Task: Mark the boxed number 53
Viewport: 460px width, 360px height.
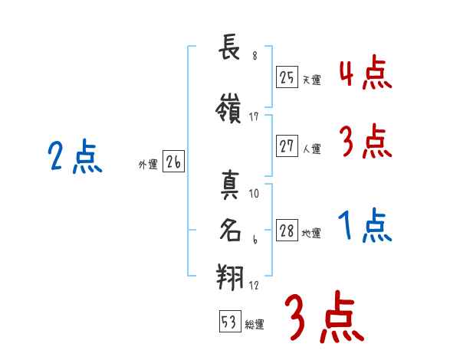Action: (229, 322)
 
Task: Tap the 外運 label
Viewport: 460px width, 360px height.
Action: (147, 163)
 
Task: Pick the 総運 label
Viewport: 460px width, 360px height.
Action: (255, 325)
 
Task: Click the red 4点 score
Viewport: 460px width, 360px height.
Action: (365, 74)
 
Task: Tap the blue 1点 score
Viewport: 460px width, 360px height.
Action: (365, 226)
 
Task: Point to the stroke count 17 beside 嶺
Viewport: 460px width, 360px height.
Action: (254, 116)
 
